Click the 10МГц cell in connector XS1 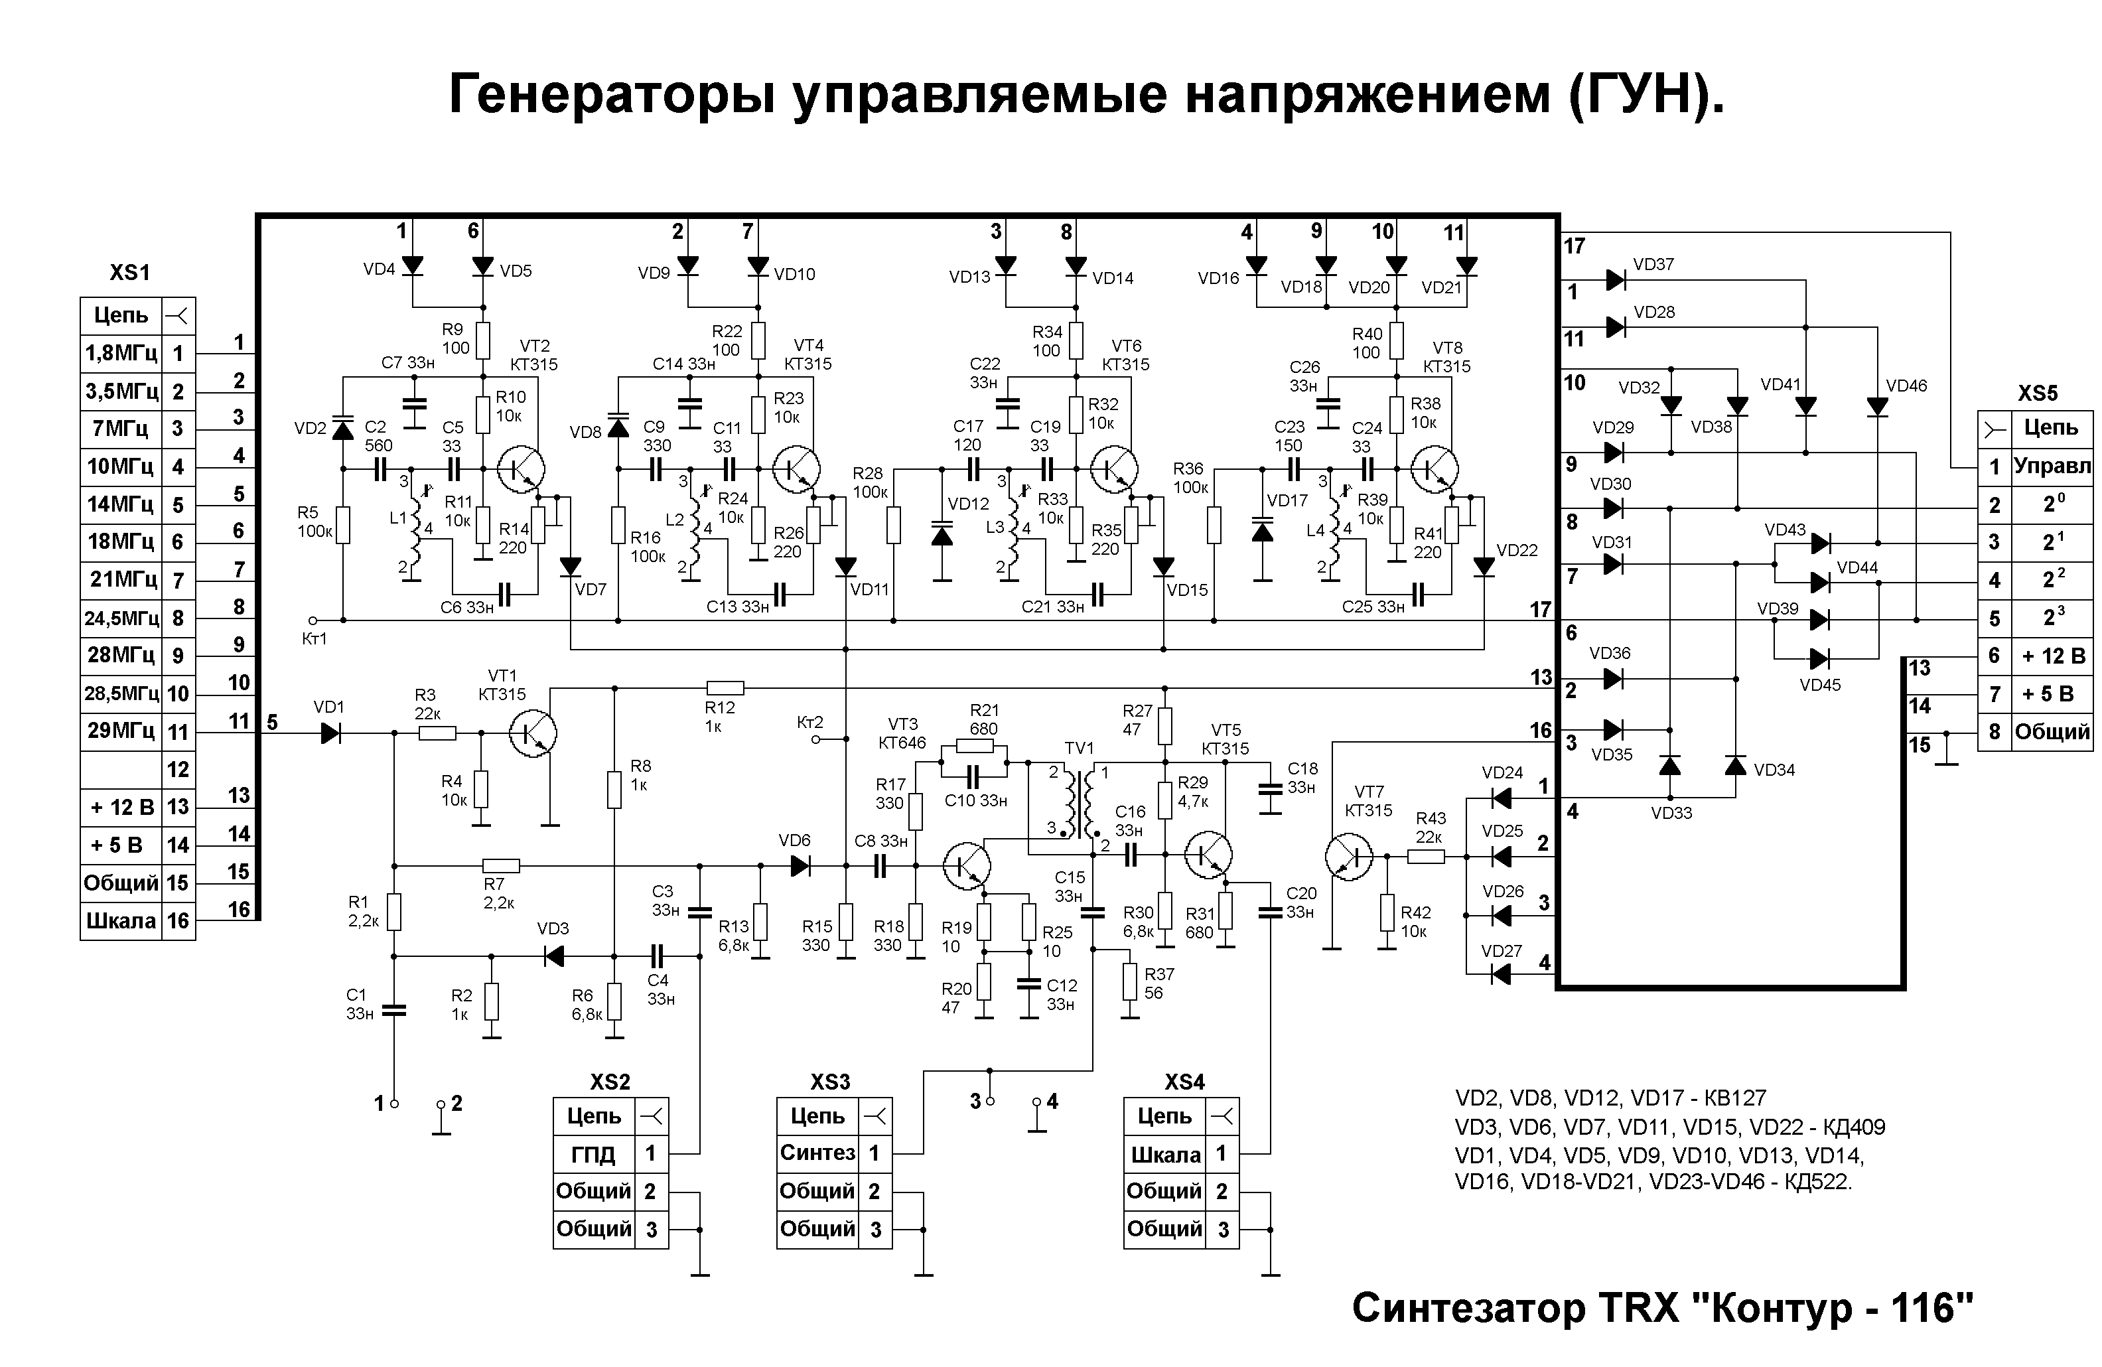click(x=120, y=467)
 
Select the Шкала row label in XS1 click(x=120, y=921)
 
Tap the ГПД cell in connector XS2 click(x=593, y=1154)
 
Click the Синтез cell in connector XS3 click(x=817, y=1153)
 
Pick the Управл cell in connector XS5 click(x=2052, y=467)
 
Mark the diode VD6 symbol click(x=800, y=866)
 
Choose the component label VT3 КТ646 click(x=902, y=734)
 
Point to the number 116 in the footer click(x=1931, y=1308)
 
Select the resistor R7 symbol click(x=501, y=866)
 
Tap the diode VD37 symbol click(x=1616, y=280)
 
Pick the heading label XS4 click(x=1184, y=1082)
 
